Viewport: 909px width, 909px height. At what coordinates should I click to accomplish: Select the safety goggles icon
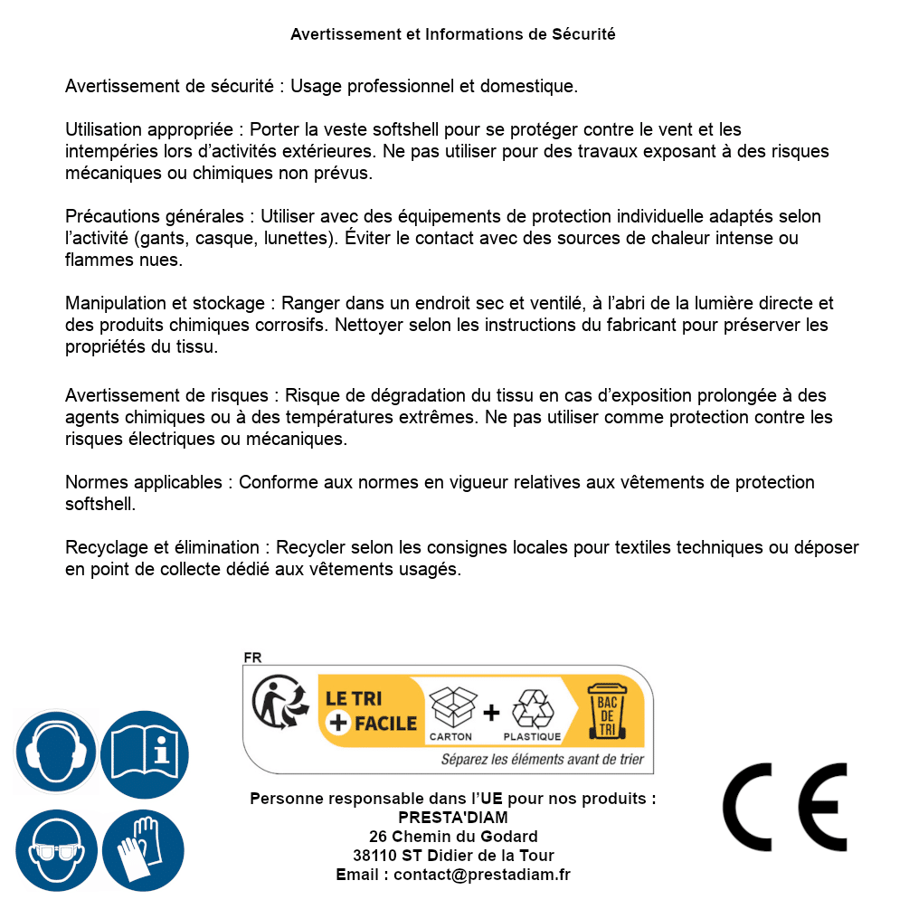(x=56, y=849)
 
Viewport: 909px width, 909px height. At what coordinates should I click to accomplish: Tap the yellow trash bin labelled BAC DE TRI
(x=608, y=711)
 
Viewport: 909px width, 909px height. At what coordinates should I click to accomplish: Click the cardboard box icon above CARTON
(x=451, y=706)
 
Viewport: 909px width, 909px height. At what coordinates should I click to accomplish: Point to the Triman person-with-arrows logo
(x=275, y=704)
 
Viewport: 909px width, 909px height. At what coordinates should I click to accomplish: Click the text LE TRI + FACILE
(x=371, y=711)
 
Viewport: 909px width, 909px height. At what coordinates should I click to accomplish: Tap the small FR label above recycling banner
(x=252, y=658)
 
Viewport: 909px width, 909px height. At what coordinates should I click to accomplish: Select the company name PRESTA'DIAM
(x=453, y=818)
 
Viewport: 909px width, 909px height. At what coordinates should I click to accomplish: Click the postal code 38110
(x=374, y=856)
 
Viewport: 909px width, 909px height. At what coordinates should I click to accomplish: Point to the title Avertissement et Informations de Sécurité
(x=453, y=34)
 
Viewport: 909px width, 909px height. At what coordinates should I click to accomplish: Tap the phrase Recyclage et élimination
(x=162, y=547)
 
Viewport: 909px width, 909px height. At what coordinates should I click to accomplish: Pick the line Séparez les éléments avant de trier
(x=542, y=760)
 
